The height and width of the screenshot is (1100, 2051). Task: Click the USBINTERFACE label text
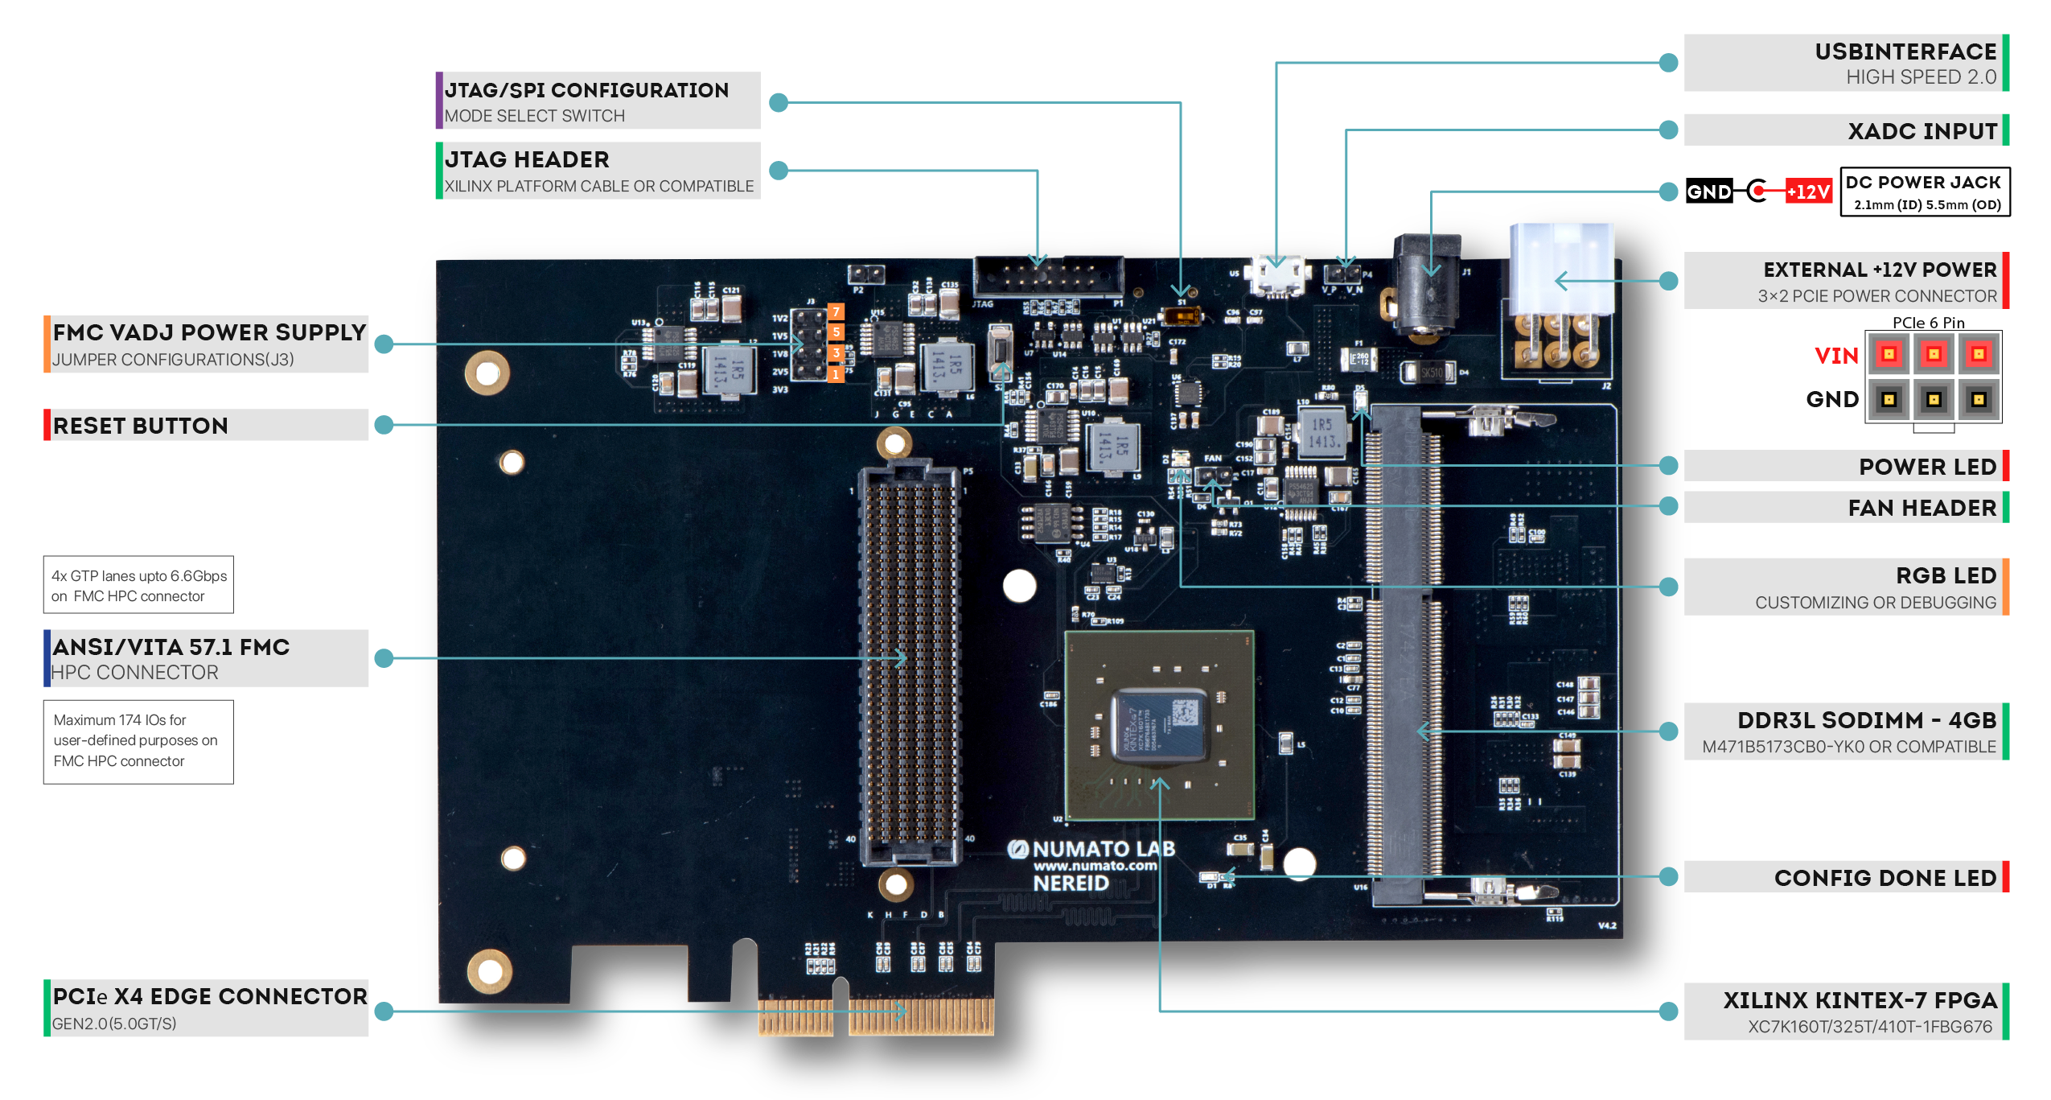(x=1905, y=52)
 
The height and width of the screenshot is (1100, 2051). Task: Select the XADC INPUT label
(x=1922, y=131)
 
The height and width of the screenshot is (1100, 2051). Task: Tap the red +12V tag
(x=1808, y=192)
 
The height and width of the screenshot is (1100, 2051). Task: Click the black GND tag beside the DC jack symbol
(x=1708, y=192)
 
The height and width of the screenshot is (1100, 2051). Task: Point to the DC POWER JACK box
(x=1925, y=192)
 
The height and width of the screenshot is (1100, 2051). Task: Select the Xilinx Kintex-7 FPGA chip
(x=1158, y=724)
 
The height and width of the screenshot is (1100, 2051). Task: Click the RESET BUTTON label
(x=141, y=426)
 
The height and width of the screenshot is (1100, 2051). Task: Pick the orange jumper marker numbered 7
(x=836, y=311)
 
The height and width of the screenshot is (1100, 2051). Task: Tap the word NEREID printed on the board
(x=1071, y=884)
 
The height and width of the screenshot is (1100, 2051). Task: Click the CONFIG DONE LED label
(x=1885, y=878)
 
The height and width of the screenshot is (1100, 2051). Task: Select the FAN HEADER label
(x=1922, y=508)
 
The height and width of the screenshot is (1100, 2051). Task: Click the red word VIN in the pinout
(x=1835, y=356)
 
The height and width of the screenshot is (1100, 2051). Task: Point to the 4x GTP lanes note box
(x=138, y=585)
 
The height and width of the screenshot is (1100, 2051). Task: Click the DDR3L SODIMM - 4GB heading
(x=1866, y=720)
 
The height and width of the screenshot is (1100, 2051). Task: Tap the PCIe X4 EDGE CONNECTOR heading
(x=209, y=996)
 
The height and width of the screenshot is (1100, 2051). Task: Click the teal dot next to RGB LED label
(x=1669, y=587)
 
